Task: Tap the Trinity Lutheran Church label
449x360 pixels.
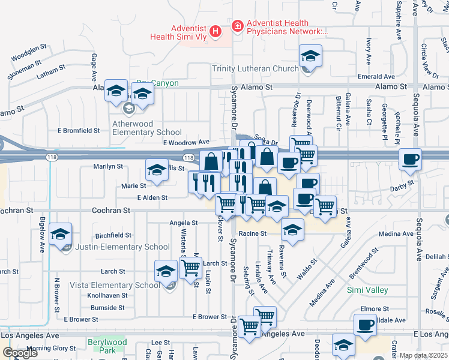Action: (x=255, y=68)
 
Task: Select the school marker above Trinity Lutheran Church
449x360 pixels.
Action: (x=310, y=57)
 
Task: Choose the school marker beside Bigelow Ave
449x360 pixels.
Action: (x=60, y=235)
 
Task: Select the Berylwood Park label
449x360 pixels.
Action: (x=107, y=346)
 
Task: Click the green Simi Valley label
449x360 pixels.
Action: (x=367, y=290)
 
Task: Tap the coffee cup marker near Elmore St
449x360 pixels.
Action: (x=364, y=326)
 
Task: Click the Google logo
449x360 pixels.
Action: (x=20, y=353)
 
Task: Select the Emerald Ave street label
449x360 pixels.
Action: (x=376, y=77)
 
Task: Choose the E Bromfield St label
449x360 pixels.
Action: (x=79, y=130)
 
